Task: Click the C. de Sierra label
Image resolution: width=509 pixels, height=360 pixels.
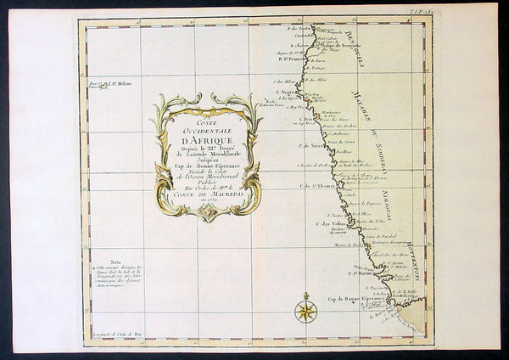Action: pyautogui.click(x=310, y=145)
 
